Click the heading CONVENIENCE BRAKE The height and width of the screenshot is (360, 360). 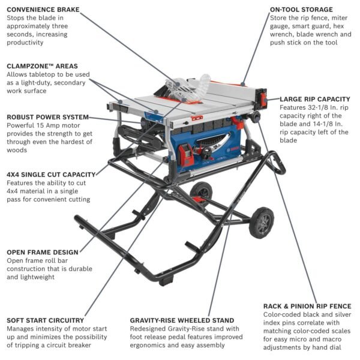[43, 9]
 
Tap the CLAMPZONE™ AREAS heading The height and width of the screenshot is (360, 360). [42, 65]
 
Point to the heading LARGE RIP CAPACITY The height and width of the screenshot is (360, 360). [315, 98]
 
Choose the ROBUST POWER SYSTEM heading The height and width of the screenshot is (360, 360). [48, 116]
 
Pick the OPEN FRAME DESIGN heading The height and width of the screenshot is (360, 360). [42, 252]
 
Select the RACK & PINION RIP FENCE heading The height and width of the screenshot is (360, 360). [307, 306]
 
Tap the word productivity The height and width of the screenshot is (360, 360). [25, 43]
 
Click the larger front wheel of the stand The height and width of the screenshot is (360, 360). [261, 223]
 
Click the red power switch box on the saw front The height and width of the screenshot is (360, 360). [187, 157]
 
